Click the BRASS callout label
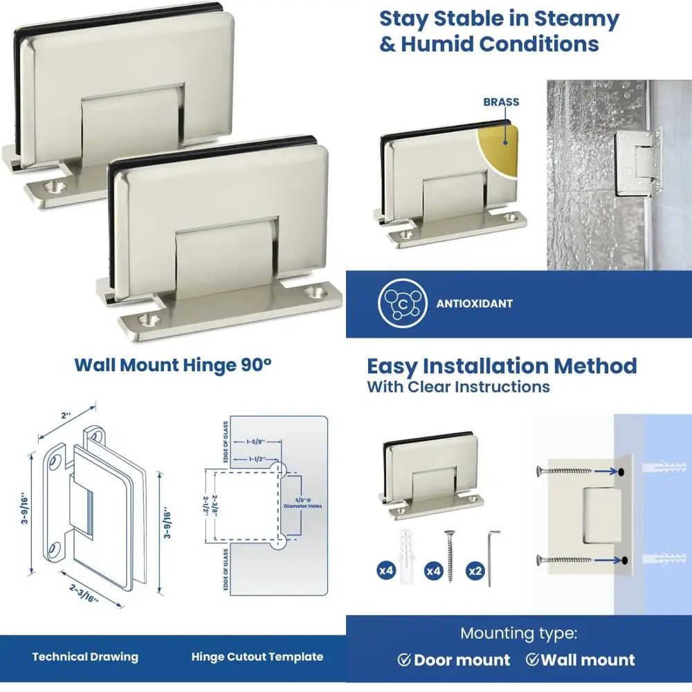tap(501, 102)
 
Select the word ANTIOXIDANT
tap(475, 303)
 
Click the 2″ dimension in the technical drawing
tap(66, 417)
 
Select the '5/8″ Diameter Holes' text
tap(303, 502)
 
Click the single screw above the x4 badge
tap(450, 554)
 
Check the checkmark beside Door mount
tap(404, 659)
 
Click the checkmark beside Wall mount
tap(532, 659)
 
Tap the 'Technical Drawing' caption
tap(85, 657)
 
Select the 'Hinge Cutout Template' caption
tap(257, 657)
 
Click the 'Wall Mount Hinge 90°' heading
tap(173, 365)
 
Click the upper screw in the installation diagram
tap(565, 471)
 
